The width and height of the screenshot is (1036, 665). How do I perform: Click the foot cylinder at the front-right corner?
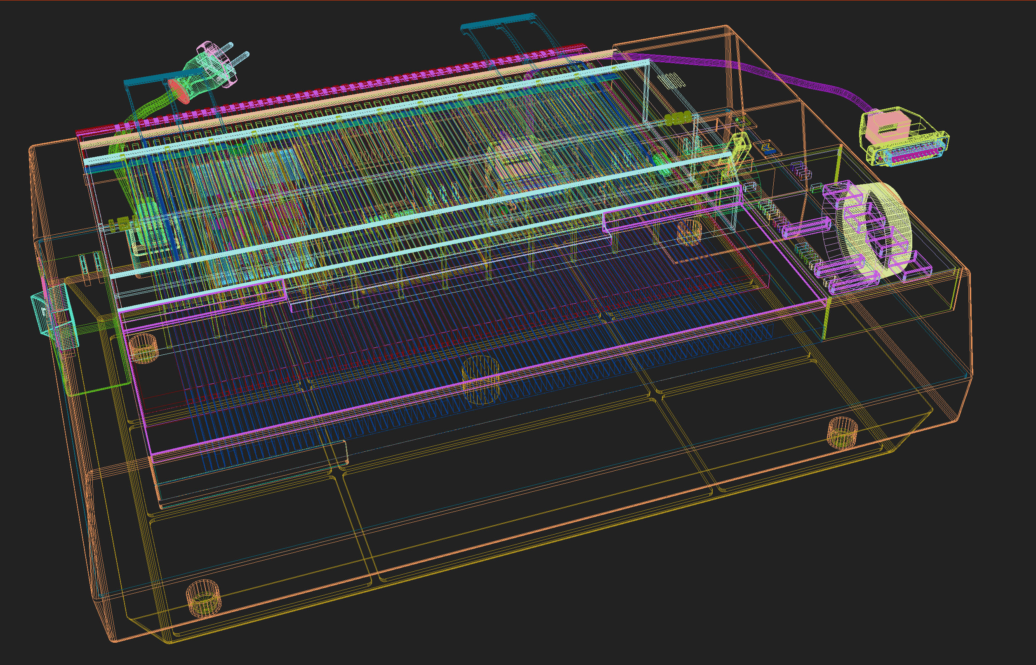(842, 432)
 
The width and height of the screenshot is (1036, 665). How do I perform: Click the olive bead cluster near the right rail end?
(678, 119)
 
